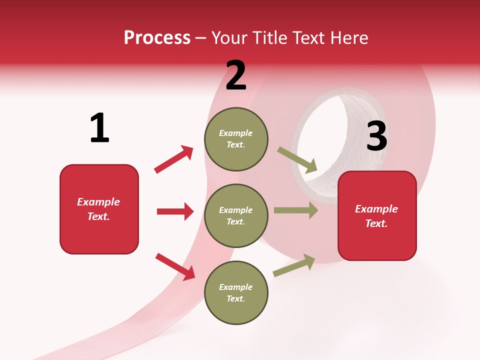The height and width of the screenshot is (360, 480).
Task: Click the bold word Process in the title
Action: [157, 38]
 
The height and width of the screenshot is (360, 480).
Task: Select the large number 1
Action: [99, 128]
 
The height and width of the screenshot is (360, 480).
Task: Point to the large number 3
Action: [376, 136]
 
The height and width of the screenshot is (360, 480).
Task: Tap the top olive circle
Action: [236, 139]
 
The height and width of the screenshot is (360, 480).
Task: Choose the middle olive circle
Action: [236, 215]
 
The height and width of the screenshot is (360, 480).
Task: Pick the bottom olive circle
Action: [236, 292]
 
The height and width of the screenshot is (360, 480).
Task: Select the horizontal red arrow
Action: [175, 211]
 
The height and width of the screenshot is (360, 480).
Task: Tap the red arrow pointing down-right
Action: [175, 266]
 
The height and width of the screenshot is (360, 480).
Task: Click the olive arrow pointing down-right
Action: [297, 160]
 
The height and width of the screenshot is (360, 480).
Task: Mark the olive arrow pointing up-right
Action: [294, 265]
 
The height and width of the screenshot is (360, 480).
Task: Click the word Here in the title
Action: [348, 38]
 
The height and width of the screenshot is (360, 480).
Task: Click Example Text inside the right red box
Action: [376, 216]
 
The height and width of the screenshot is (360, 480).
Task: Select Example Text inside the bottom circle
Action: [235, 292]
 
